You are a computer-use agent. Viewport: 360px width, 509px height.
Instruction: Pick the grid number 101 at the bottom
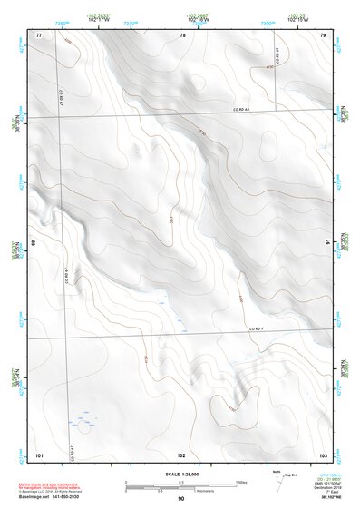point(39,454)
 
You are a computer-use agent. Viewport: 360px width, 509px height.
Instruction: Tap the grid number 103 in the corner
point(323,454)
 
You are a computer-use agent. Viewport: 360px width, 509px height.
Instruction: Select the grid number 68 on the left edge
point(34,243)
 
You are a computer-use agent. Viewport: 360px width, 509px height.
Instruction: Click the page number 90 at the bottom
point(181,499)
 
